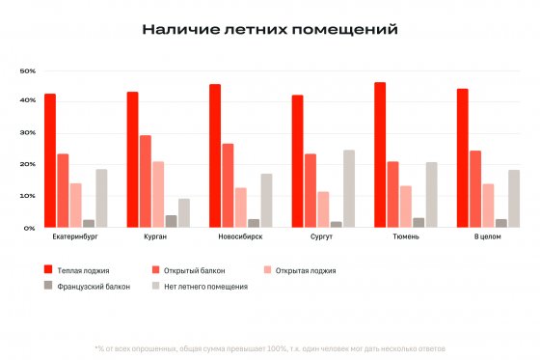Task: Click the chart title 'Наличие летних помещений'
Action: click(x=269, y=29)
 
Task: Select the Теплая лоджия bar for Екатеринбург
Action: click(x=49, y=160)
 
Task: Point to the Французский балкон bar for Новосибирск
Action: click(x=254, y=223)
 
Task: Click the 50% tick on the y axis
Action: click(x=28, y=70)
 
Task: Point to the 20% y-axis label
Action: click(x=28, y=165)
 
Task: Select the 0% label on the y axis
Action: click(x=30, y=228)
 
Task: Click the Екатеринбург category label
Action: click(x=75, y=236)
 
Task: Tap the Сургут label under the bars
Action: click(x=322, y=236)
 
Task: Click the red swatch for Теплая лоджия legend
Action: click(x=48, y=270)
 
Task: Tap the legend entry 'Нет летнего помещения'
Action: click(x=202, y=287)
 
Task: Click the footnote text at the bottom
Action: click(x=269, y=347)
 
